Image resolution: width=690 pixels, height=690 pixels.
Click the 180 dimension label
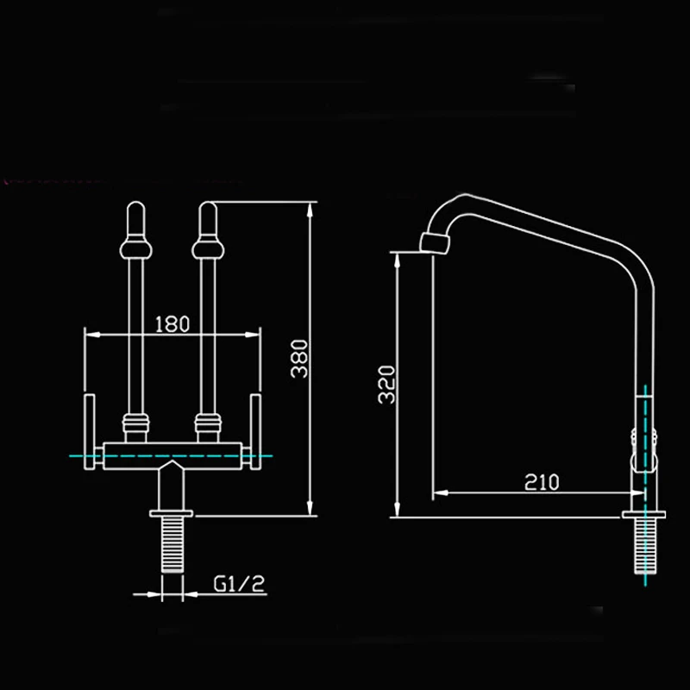pos(172,324)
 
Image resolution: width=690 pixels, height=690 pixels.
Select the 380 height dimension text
pos(299,359)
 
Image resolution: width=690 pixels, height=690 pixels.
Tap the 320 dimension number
pos(386,384)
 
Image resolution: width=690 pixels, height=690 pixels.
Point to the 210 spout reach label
pos(542,482)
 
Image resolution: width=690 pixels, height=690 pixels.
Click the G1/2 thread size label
pos(239,584)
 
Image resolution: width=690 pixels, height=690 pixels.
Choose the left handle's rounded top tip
pos(135,204)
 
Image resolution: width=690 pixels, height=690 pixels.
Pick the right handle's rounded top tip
pos(208,204)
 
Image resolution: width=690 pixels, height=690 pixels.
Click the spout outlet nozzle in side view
pos(435,242)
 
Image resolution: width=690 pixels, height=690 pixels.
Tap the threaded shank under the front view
pos(172,545)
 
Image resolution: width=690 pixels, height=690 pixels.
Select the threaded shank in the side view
pos(644,546)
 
